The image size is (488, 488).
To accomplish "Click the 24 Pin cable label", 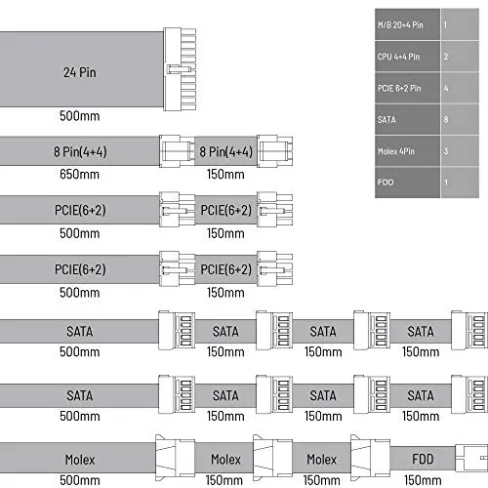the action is tap(80, 72).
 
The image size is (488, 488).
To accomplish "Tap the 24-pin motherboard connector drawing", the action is tap(180, 69).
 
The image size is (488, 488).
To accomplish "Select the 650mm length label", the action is tap(79, 175).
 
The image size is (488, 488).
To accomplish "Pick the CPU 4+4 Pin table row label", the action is tap(398, 57).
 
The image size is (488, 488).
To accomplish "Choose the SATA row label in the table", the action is tap(386, 120).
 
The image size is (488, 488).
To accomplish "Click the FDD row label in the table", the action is tap(386, 183).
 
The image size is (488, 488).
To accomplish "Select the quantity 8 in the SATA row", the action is tap(446, 120).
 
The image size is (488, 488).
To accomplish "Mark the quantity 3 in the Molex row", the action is tap(446, 151).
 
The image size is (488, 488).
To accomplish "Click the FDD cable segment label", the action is tap(423, 459).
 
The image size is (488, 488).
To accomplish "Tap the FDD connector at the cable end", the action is tap(471, 458).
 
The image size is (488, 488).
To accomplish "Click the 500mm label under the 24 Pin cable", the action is tap(79, 116).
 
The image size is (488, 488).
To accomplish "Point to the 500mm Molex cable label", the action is tap(79, 480).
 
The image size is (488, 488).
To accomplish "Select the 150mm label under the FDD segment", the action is tap(423, 480).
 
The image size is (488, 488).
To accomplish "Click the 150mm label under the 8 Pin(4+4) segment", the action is tap(225, 175).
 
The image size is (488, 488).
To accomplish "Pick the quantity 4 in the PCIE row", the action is tap(446, 88).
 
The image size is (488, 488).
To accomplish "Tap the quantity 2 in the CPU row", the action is tap(446, 57).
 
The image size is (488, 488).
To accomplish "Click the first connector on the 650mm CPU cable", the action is tap(177, 151).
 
